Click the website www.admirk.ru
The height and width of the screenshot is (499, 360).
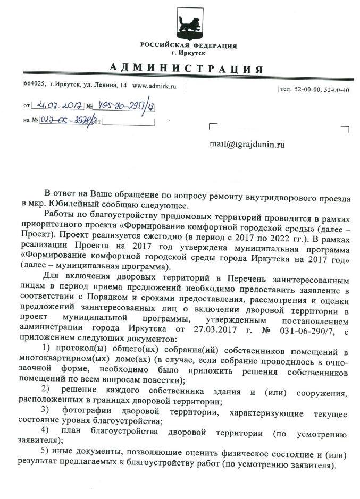click(x=155, y=86)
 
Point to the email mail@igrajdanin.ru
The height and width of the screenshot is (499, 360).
click(x=247, y=143)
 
